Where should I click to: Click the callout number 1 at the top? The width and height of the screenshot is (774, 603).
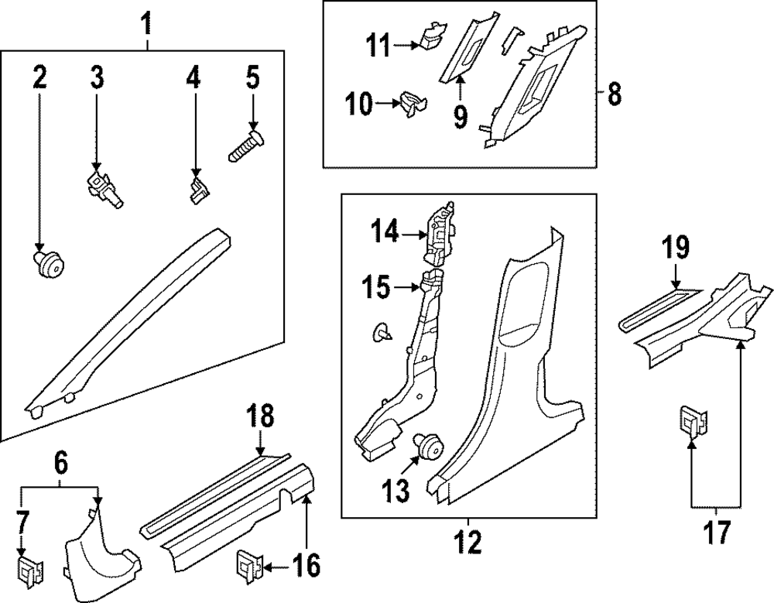pyautogui.click(x=145, y=26)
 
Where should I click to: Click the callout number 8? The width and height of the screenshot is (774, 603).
pyautogui.click(x=614, y=94)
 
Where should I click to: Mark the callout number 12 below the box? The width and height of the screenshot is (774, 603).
pyautogui.click(x=469, y=541)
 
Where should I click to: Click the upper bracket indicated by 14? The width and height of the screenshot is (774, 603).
pyautogui.click(x=438, y=229)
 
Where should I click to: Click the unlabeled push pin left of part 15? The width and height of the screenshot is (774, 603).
pyautogui.click(x=382, y=333)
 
